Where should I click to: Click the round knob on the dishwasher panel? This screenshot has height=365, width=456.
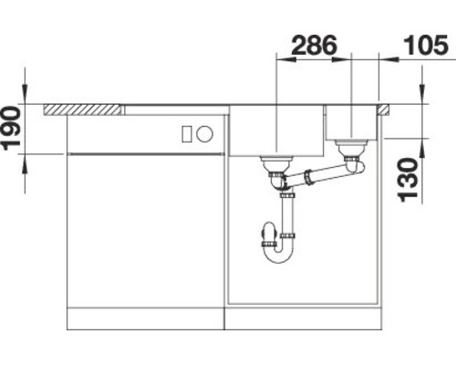point(205,134)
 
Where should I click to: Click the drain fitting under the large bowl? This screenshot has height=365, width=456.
point(274,164)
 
